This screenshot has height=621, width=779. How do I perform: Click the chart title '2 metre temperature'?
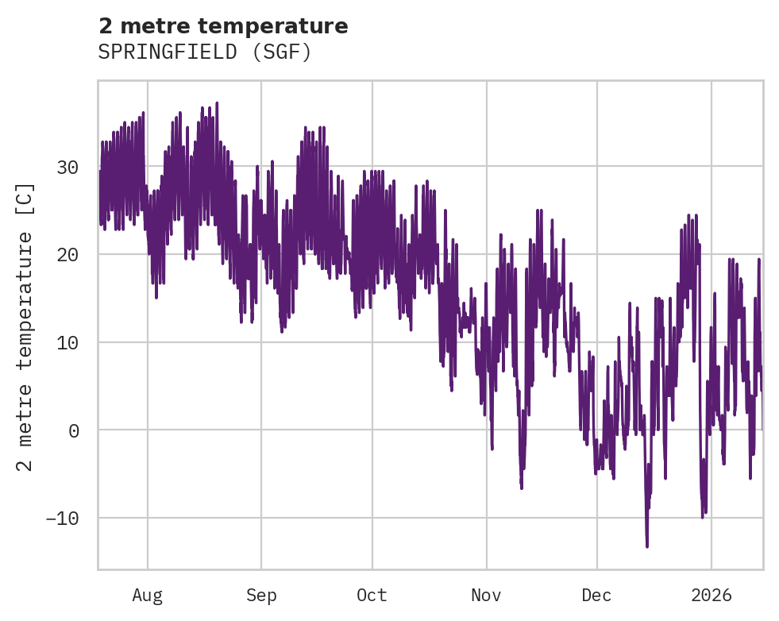(223, 26)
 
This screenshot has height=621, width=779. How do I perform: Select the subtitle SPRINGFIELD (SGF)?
(204, 52)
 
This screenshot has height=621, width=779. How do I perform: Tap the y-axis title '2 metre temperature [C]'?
(25, 326)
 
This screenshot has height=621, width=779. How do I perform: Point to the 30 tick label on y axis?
(67, 167)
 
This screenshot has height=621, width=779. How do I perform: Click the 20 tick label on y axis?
(67, 255)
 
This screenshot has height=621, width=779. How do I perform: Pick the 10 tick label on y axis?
(67, 342)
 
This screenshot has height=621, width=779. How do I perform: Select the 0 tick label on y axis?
(73, 430)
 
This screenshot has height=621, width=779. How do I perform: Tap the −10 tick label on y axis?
(62, 519)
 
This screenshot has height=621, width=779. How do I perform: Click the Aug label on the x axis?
(147, 596)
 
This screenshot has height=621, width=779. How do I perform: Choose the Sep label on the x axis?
(260, 596)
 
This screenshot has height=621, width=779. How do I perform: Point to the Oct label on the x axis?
(372, 596)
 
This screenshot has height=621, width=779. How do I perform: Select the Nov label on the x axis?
(486, 596)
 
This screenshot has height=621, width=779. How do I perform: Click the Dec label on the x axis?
(596, 596)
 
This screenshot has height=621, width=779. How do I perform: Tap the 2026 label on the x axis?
(711, 596)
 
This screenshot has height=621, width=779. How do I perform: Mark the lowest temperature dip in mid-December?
(647, 546)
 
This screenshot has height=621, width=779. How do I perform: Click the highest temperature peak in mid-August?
(217, 102)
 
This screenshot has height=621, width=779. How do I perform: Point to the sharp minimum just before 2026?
(702, 518)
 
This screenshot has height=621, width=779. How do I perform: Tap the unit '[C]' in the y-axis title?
(25, 199)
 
